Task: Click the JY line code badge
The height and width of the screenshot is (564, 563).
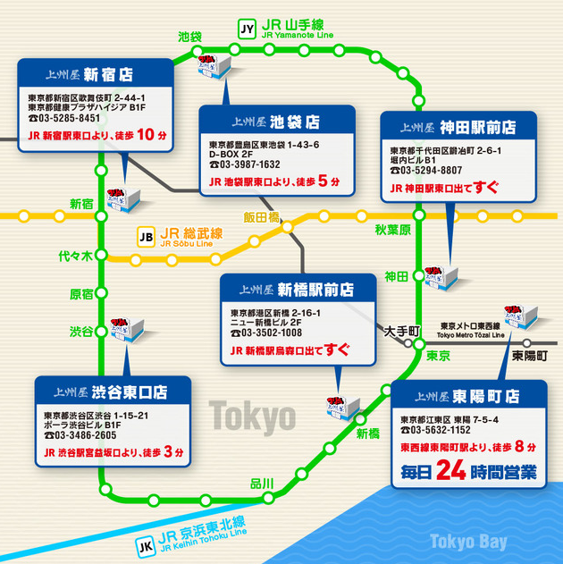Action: click(x=248, y=28)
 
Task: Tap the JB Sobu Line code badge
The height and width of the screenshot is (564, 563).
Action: click(x=145, y=238)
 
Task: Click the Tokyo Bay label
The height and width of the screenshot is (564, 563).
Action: click(x=467, y=542)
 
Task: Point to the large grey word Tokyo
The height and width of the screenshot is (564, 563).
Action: click(x=252, y=416)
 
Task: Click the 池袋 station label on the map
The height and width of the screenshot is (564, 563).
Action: click(x=189, y=37)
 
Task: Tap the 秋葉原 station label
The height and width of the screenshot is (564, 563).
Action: click(x=391, y=231)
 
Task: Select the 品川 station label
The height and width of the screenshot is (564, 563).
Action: click(x=262, y=484)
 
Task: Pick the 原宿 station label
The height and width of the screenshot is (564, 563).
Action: click(x=81, y=294)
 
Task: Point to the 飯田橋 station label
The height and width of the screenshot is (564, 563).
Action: click(x=261, y=216)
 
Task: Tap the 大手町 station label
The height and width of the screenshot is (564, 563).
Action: click(x=402, y=332)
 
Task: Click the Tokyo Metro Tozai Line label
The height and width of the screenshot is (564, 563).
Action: click(x=470, y=332)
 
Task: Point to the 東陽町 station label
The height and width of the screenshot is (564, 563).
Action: click(x=530, y=355)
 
